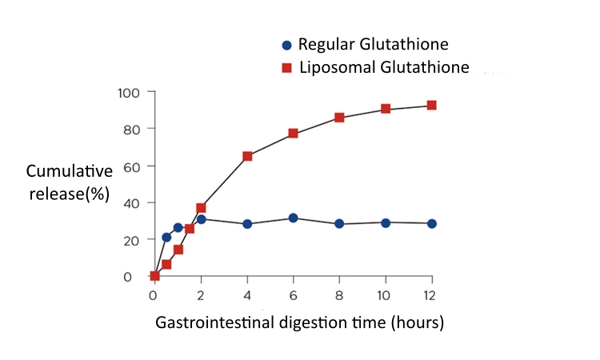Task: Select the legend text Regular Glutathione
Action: click(x=373, y=45)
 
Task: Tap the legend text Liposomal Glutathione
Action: click(x=384, y=67)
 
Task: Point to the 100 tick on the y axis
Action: click(x=130, y=93)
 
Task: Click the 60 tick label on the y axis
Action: click(x=132, y=166)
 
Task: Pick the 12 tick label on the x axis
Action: click(x=432, y=294)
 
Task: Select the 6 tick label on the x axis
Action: click(x=293, y=294)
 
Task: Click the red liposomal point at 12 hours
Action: click(x=432, y=106)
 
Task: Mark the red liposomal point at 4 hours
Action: click(x=247, y=156)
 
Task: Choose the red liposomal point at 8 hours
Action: click(x=339, y=118)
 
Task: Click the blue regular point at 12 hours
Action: click(x=432, y=223)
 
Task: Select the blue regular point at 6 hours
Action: click(x=293, y=218)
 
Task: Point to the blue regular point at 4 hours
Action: click(x=247, y=224)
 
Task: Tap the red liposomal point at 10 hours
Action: click(x=386, y=109)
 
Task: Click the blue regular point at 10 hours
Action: click(x=386, y=222)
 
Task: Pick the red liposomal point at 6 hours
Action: click(x=293, y=133)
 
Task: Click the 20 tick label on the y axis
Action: click(x=132, y=240)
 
